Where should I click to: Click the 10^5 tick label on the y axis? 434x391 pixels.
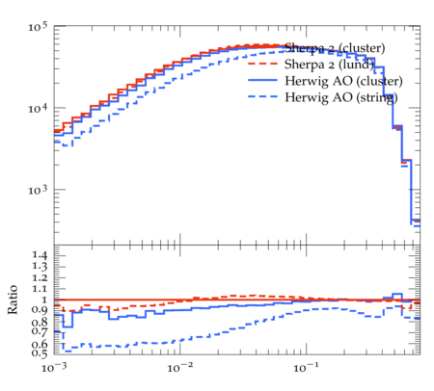[x=38, y=27]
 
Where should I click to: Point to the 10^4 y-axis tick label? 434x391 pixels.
[x=38, y=109]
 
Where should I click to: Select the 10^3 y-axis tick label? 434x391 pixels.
[x=38, y=190]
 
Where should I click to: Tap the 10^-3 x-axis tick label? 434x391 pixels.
[x=54, y=367]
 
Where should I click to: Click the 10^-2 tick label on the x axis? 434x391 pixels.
[x=179, y=367]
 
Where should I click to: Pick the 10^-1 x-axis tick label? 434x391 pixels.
[x=306, y=367]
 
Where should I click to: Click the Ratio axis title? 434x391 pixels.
[x=13, y=300]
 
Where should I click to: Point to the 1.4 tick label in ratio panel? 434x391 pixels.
[x=40, y=255]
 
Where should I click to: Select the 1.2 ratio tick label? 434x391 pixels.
[x=40, y=278]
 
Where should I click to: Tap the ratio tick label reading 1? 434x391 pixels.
[x=44, y=300]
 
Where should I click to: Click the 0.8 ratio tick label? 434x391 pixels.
[x=40, y=322]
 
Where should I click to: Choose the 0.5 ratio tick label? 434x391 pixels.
[x=40, y=353]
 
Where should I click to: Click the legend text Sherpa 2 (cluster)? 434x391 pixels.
[x=335, y=48]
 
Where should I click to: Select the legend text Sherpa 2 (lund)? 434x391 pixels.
[x=330, y=65]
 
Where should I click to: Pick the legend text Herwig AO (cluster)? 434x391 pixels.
[x=343, y=81]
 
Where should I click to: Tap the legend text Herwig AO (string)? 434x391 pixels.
[x=341, y=97]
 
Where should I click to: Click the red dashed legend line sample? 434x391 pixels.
[x=262, y=64]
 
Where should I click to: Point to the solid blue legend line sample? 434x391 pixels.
[x=262, y=80]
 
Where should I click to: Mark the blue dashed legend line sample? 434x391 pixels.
[x=262, y=96]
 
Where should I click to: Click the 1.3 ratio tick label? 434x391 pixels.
[x=40, y=267]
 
